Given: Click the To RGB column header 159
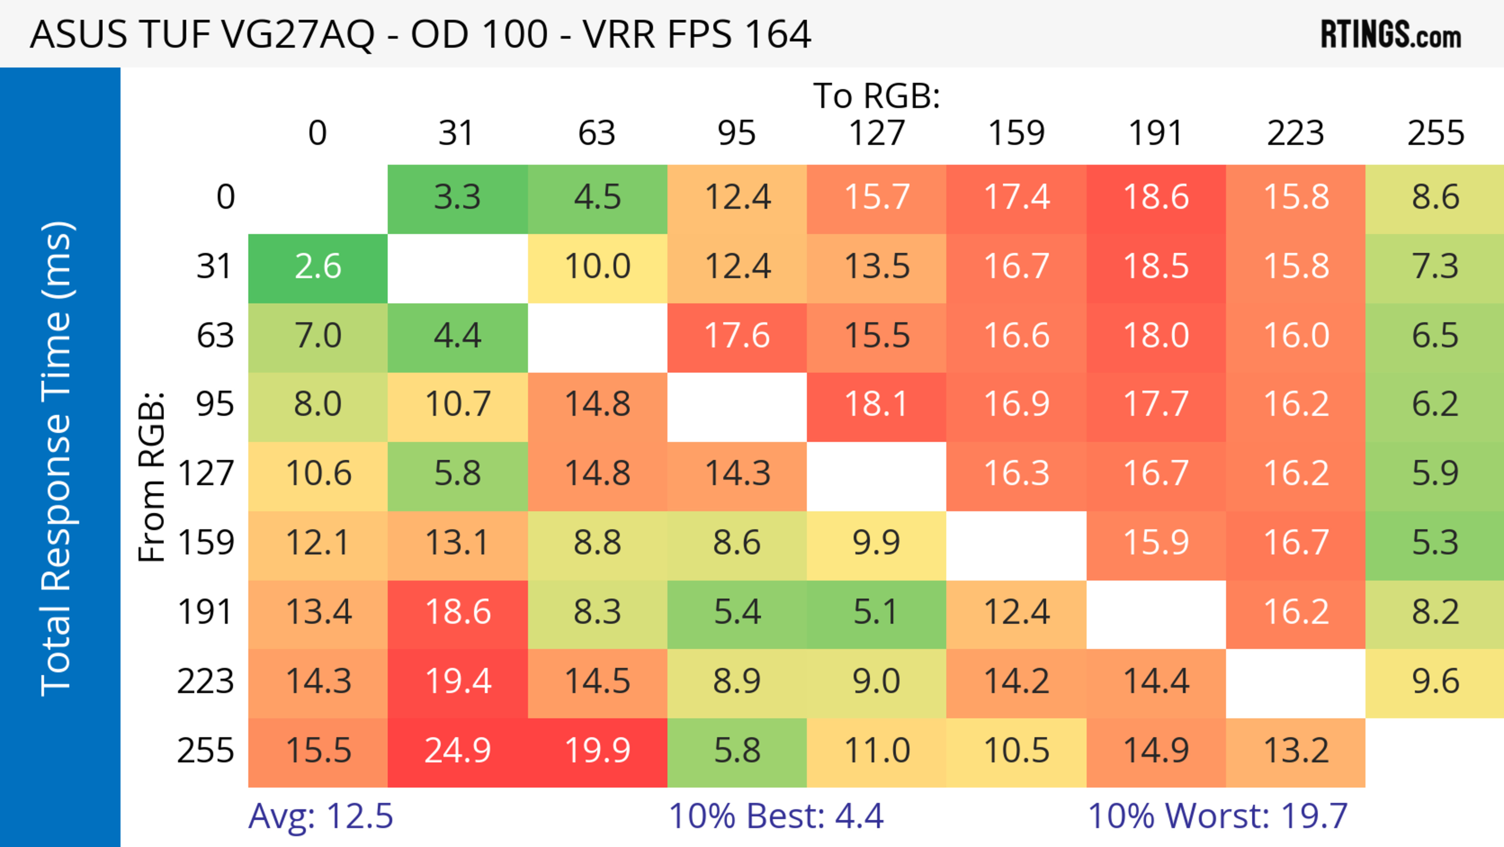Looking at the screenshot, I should (1016, 134).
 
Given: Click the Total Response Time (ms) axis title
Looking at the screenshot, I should (57, 459).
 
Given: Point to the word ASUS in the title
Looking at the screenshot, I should (78, 35).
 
